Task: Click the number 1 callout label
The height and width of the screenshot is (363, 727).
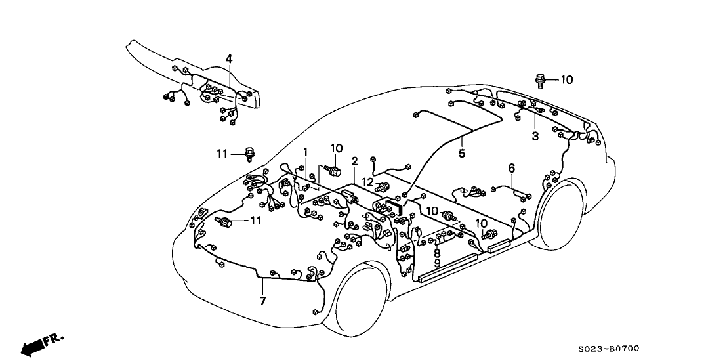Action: (305, 152)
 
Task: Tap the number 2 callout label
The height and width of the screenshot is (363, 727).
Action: (354, 161)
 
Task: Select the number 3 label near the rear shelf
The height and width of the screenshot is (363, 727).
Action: (535, 137)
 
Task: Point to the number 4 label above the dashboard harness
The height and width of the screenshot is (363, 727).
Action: (229, 60)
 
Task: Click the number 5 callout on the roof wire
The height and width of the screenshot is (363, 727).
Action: (462, 154)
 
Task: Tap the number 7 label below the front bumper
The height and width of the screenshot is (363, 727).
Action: (262, 301)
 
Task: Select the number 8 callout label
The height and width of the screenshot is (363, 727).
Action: (437, 253)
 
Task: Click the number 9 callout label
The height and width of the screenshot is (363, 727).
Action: (437, 263)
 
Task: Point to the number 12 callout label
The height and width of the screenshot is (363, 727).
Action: (368, 182)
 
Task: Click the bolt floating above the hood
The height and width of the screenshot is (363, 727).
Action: (249, 154)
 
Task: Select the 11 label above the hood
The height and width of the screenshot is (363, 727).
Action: (222, 154)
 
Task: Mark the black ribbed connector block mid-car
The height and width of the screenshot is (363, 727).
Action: (397, 207)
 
